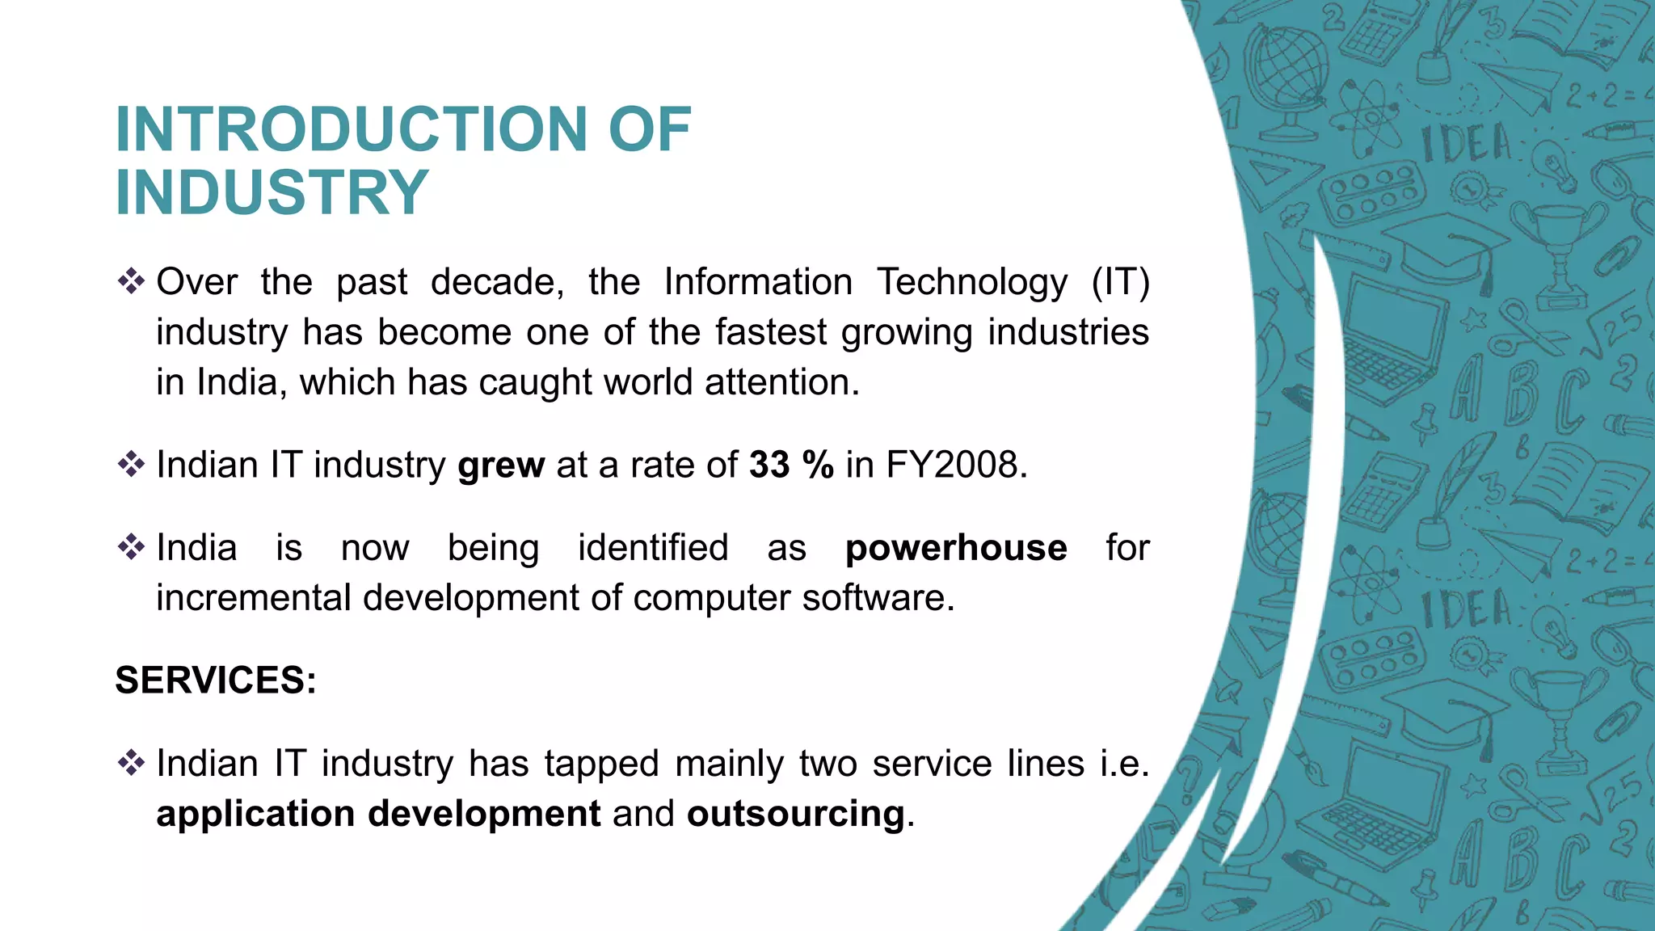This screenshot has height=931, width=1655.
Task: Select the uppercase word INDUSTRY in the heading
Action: click(272, 192)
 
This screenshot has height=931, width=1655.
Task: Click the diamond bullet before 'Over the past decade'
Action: click(130, 282)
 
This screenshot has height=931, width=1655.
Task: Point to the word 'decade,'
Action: click(497, 283)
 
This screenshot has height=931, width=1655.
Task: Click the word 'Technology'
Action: click(972, 283)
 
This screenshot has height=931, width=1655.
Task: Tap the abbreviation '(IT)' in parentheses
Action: click(1120, 283)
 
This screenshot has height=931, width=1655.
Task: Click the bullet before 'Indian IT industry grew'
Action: click(130, 465)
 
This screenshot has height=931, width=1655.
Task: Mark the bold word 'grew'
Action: click(501, 466)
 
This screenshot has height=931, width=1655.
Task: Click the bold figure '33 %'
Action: click(791, 465)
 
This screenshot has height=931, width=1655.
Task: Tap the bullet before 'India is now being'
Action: click(130, 548)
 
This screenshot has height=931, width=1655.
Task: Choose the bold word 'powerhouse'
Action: click(956, 548)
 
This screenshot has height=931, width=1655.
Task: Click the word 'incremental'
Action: click(254, 598)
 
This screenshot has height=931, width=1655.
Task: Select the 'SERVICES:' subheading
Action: click(216, 680)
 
